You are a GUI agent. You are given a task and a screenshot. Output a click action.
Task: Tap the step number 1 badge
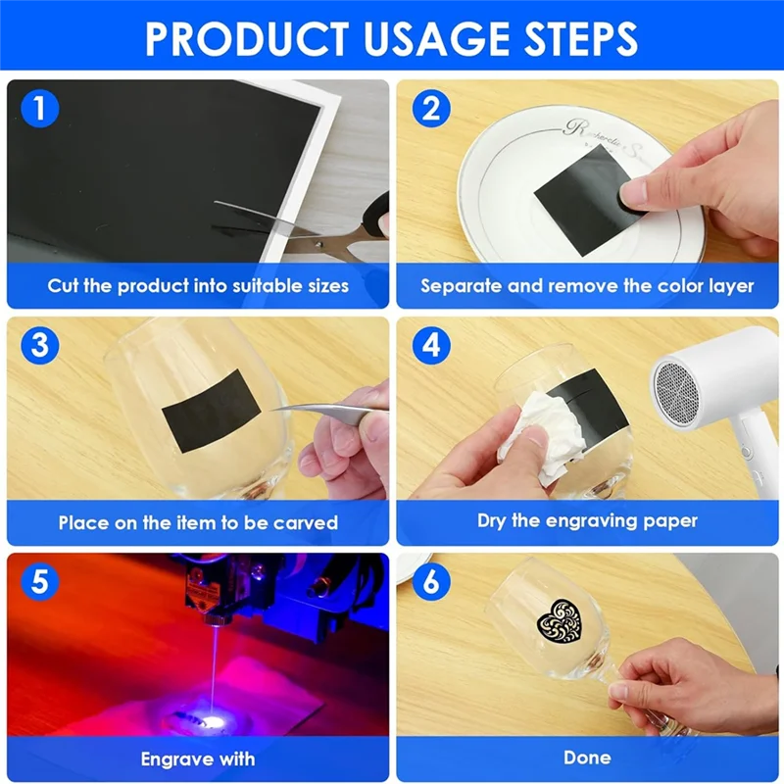click(40, 109)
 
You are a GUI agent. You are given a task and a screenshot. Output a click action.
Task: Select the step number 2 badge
click(431, 109)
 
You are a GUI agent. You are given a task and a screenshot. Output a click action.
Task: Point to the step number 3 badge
click(40, 345)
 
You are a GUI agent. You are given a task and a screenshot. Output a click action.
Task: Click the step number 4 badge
click(431, 345)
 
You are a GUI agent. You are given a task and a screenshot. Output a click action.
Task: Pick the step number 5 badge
click(40, 582)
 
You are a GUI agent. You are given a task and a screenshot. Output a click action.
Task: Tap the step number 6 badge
click(431, 582)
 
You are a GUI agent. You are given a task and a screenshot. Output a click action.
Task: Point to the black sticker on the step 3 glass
click(212, 411)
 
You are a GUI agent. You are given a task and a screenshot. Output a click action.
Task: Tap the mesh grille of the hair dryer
click(676, 391)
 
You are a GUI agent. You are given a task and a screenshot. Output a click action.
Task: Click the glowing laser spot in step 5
click(215, 722)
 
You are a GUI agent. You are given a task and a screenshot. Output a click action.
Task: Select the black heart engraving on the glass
click(560, 620)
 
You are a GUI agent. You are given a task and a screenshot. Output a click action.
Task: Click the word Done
click(587, 758)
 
